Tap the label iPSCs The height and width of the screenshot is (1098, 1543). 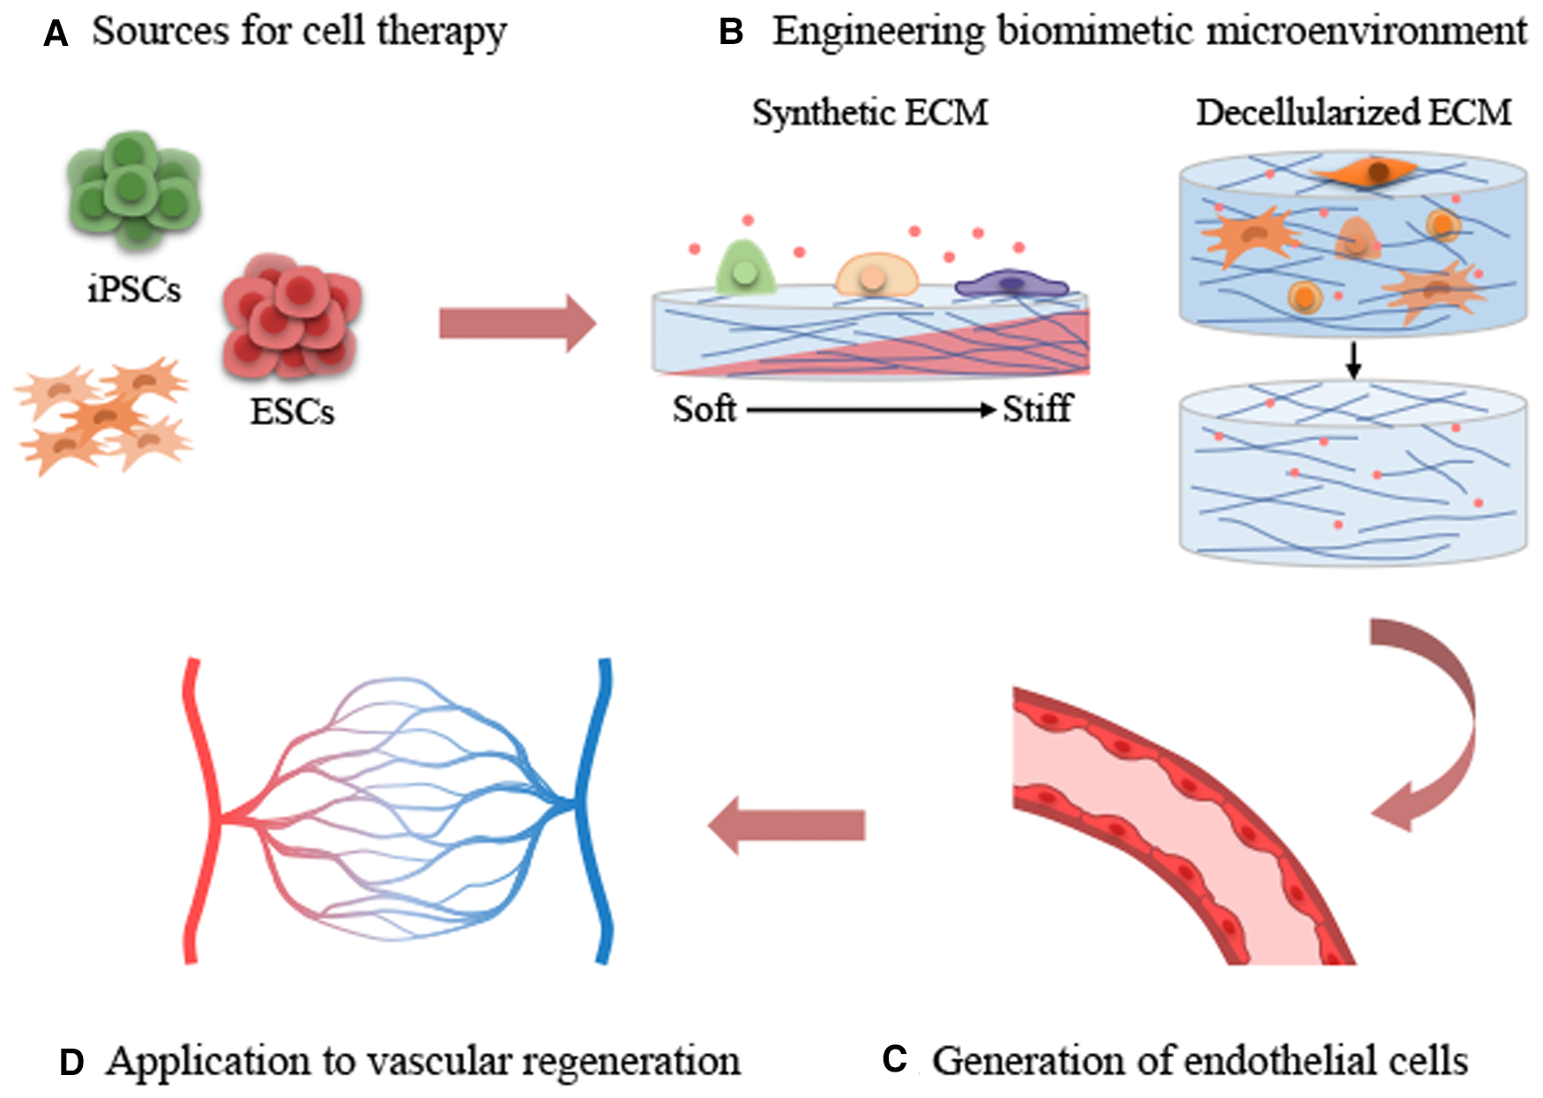pyautogui.click(x=134, y=289)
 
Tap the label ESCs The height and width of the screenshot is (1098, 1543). pyautogui.click(x=292, y=412)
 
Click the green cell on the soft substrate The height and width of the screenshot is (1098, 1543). pyautogui.click(x=746, y=268)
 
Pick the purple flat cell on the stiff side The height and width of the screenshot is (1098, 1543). pyautogui.click(x=1011, y=284)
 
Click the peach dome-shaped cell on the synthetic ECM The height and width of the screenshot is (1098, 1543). pyautogui.click(x=876, y=275)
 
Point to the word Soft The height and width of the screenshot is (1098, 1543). pyautogui.click(x=704, y=409)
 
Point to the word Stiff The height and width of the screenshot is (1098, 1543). pyautogui.click(x=1037, y=409)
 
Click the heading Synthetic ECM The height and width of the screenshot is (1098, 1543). pyautogui.click(x=869, y=113)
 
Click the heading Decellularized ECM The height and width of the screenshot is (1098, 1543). pyautogui.click(x=1353, y=113)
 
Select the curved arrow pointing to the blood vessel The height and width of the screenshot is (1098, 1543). pyautogui.click(x=1437, y=723)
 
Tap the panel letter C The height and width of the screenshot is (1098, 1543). pyautogui.click(x=894, y=1059)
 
